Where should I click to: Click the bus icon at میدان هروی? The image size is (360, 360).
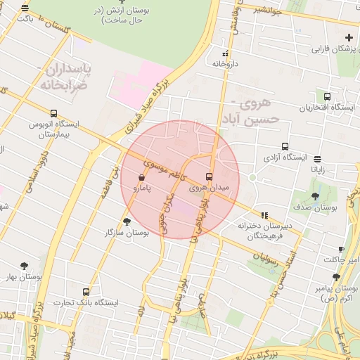point(210,176)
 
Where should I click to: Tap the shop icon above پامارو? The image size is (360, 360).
point(143,178)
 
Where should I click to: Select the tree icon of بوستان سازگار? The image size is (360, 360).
point(127,221)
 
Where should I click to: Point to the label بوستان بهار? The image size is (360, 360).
point(21,278)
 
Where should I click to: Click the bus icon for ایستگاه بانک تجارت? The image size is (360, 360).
point(86,291)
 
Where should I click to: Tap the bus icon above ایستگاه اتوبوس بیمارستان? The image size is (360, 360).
point(54,112)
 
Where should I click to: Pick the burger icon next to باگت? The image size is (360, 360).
point(25,8)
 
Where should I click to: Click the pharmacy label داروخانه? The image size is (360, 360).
point(225,63)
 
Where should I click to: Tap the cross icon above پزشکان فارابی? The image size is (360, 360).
point(349,37)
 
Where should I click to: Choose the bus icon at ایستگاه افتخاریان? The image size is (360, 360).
point(327,96)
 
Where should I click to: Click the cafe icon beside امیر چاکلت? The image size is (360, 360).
point(340,250)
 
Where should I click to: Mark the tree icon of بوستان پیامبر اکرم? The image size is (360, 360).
point(336,278)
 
